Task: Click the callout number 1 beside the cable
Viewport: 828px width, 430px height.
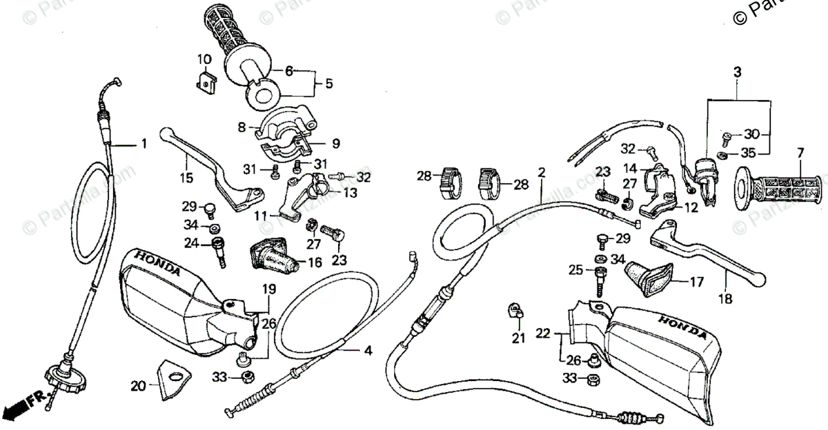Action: (x=144, y=144)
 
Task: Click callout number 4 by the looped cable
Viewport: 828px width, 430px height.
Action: (x=368, y=350)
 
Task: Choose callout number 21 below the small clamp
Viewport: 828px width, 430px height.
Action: (x=518, y=338)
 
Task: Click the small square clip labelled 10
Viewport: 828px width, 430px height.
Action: (x=205, y=82)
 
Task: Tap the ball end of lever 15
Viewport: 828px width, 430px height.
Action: (x=165, y=133)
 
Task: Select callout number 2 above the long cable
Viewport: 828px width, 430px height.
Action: (x=542, y=172)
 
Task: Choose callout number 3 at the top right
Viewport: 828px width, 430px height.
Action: (x=737, y=72)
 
